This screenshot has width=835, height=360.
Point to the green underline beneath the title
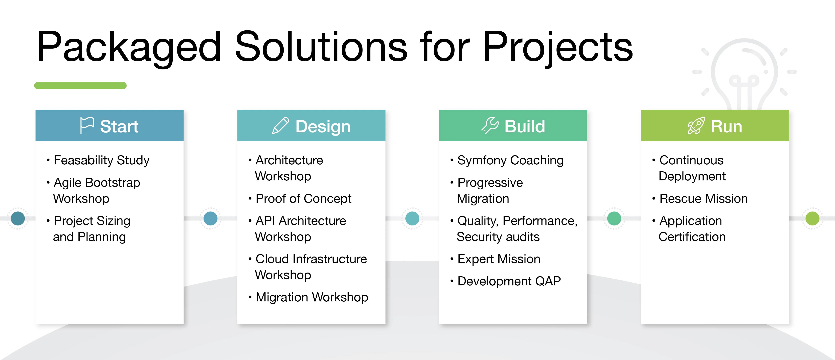[80, 86]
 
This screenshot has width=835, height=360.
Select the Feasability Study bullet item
[102, 160]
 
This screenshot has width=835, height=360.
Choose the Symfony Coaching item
[510, 160]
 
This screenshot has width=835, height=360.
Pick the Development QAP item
[509, 281]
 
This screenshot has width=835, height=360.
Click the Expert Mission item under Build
[499, 259]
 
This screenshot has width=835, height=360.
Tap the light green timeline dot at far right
[812, 218]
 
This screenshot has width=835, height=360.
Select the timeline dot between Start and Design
[210, 218]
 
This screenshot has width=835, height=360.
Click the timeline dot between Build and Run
[614, 218]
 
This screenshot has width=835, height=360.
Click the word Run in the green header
[726, 126]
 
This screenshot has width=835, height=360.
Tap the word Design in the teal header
[323, 126]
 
